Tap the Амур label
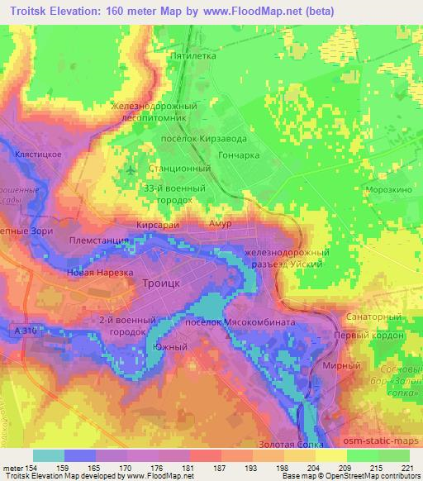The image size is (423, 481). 220,224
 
